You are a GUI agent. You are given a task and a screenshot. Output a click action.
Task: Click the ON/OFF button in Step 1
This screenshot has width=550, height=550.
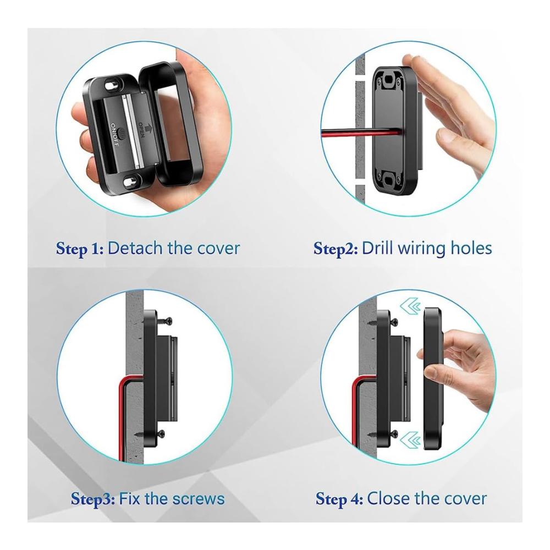[x=122, y=134]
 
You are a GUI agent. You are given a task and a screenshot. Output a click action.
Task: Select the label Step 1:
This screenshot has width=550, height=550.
[x=80, y=249]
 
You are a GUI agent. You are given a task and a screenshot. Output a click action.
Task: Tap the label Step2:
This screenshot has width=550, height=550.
[x=335, y=249]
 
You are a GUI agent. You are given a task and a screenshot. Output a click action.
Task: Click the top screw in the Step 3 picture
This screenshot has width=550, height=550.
[x=159, y=321]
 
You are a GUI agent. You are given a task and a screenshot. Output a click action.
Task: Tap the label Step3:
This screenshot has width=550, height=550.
[x=92, y=499]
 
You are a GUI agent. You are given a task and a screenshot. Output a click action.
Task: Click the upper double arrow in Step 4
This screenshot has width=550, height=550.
[x=411, y=306]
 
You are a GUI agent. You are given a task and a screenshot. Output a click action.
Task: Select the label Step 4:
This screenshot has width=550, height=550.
[x=339, y=499]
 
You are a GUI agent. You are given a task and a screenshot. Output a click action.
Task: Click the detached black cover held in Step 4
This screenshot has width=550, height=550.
[x=435, y=378]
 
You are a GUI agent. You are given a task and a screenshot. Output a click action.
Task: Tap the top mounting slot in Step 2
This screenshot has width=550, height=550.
[x=388, y=82]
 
